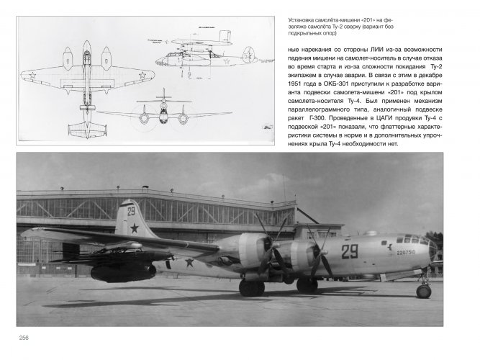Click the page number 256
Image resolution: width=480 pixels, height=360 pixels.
click(22, 339)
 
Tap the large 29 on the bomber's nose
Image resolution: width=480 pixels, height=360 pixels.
click(349, 251)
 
